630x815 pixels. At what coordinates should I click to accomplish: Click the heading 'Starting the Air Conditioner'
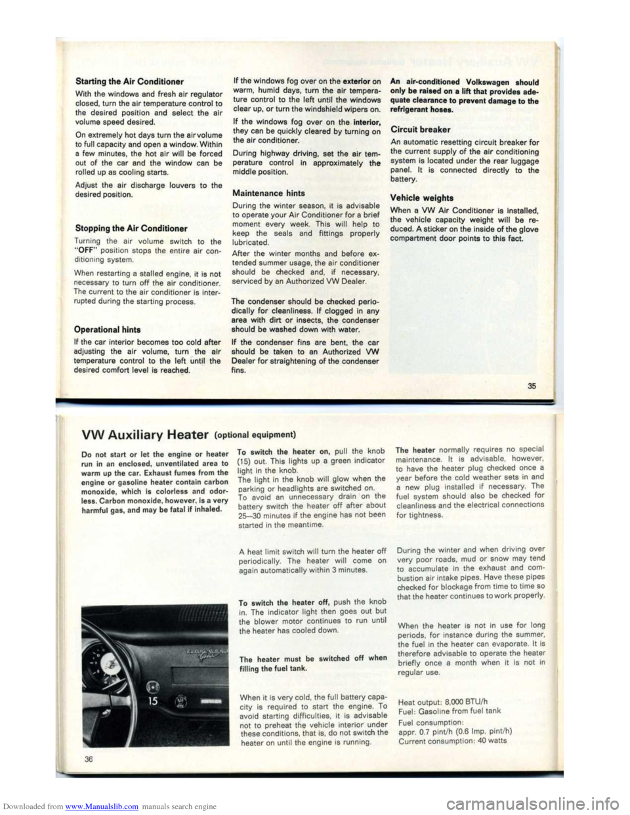[x=130, y=81]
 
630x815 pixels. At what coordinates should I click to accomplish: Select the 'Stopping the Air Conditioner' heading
[x=131, y=228]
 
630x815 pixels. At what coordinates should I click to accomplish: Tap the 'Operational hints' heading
[x=108, y=329]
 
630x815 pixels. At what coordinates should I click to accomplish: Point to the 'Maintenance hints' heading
[x=268, y=193]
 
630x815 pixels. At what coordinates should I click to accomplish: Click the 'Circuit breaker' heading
[x=420, y=129]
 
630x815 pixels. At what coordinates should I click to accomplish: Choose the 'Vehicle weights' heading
[x=421, y=198]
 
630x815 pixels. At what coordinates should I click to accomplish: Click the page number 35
[x=532, y=386]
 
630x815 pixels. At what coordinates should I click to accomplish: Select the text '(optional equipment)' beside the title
[x=255, y=434]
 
